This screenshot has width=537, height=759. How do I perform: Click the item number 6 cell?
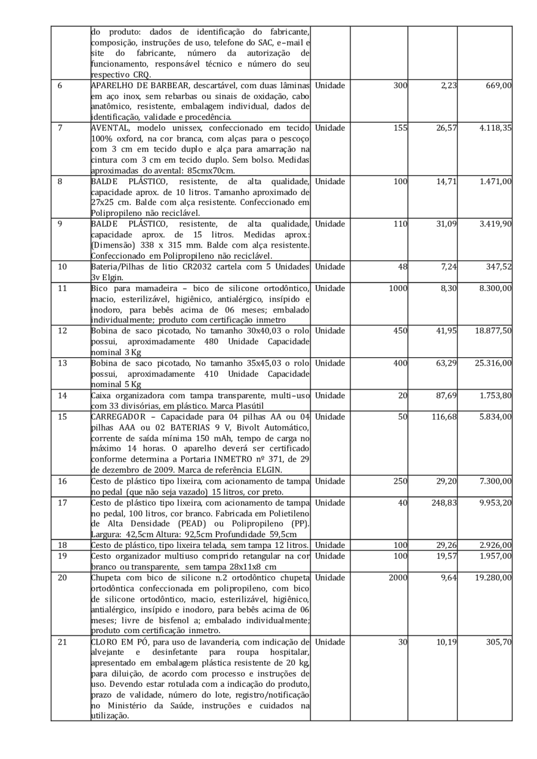(60, 85)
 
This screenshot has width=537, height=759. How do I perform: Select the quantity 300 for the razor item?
(400, 85)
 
